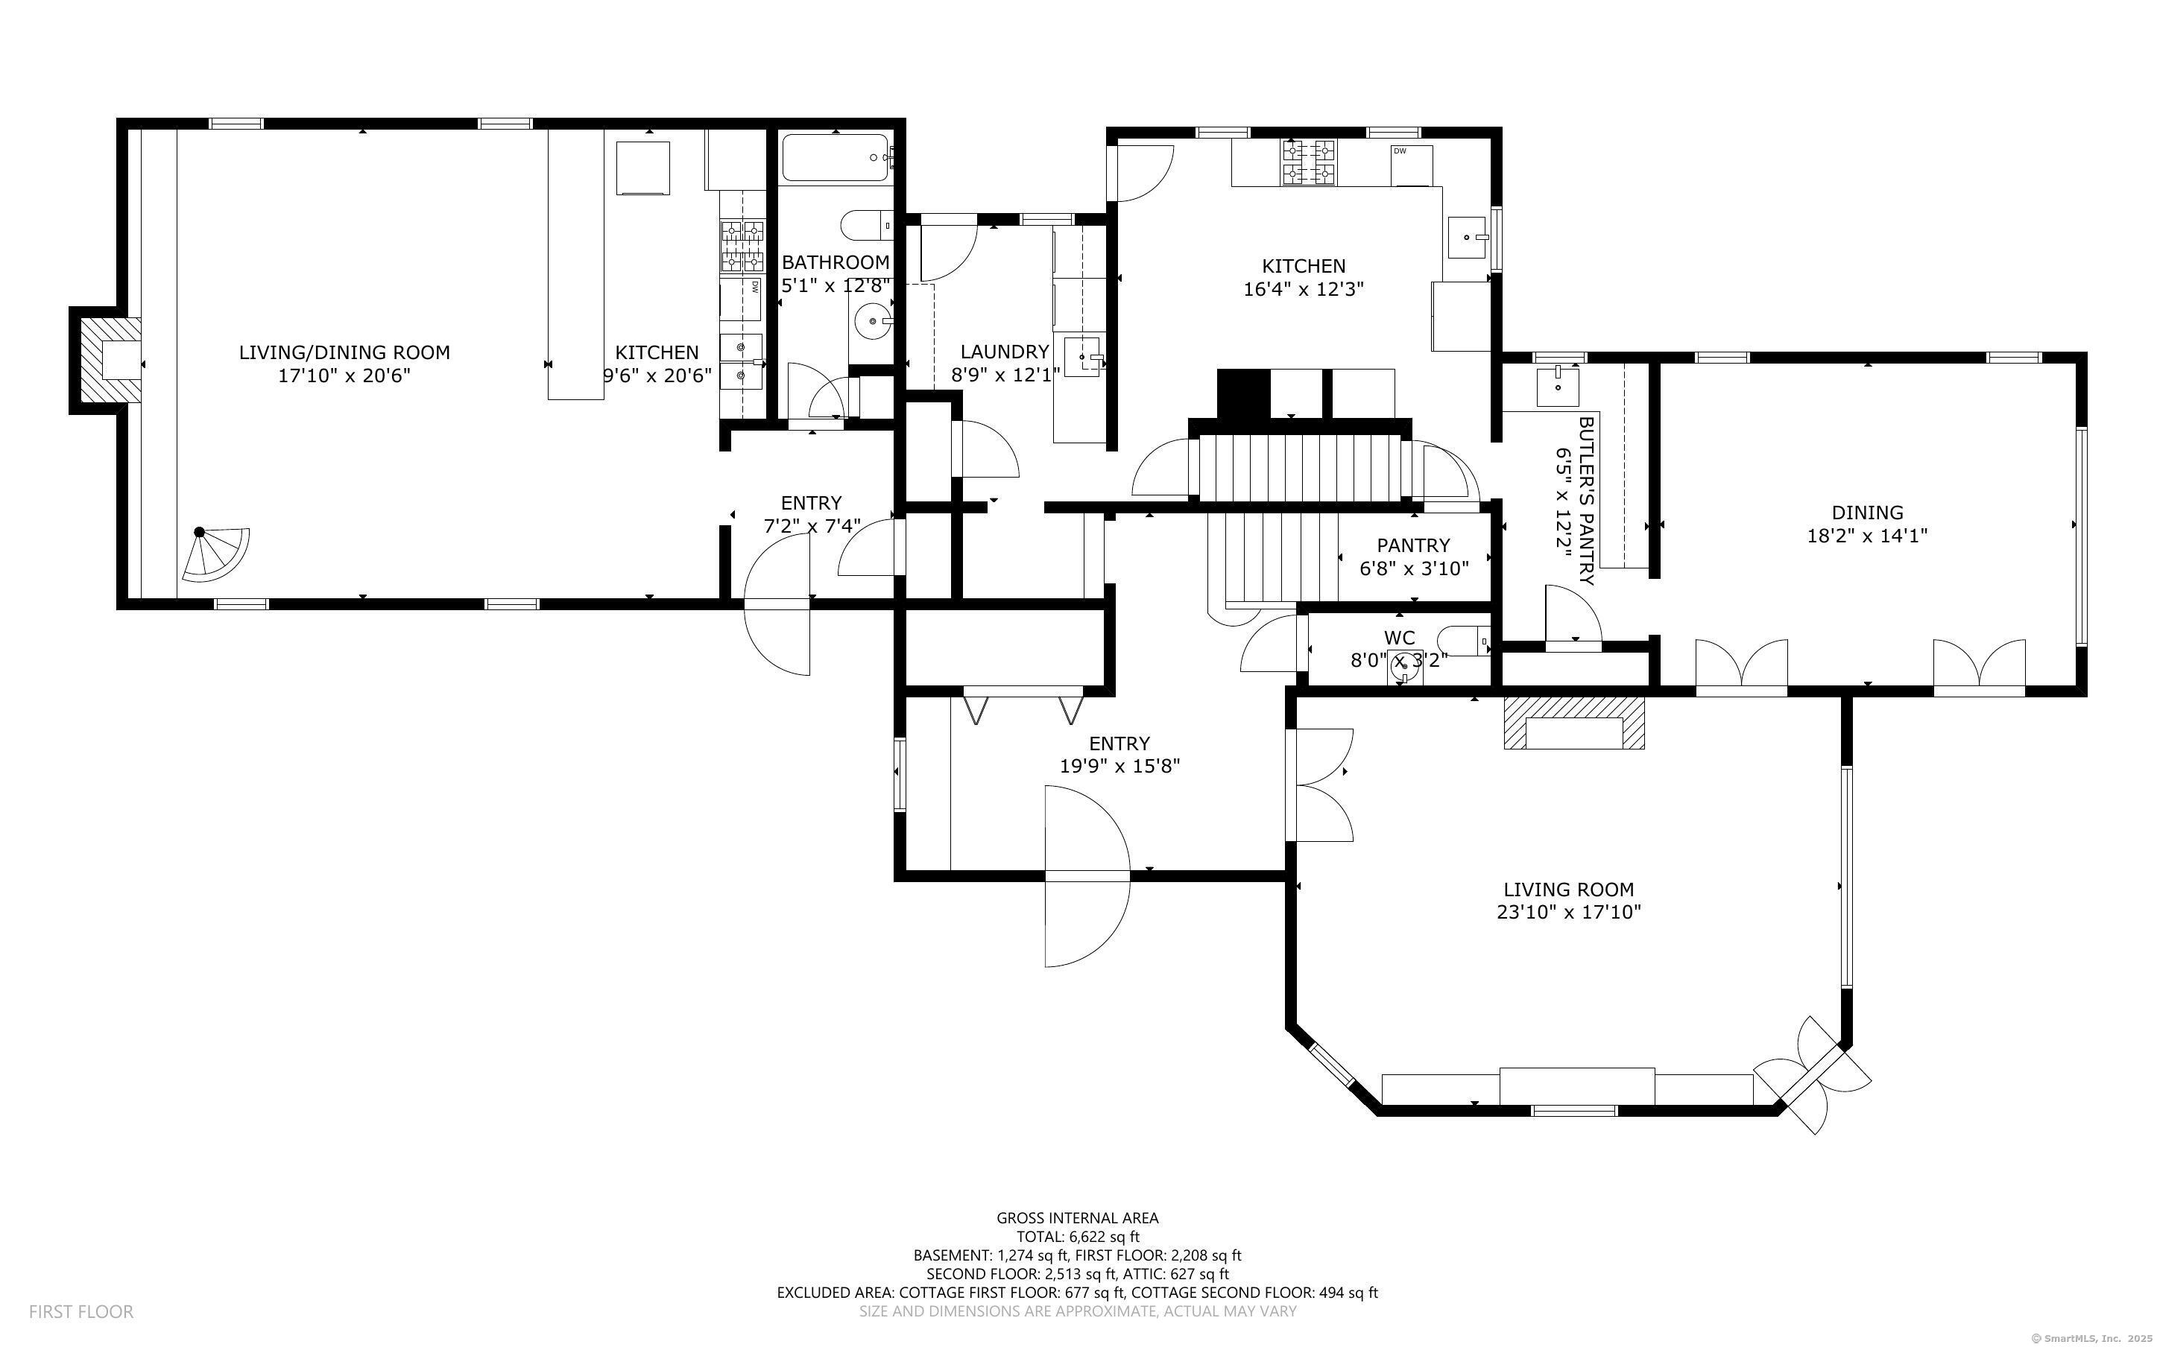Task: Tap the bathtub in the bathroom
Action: click(835, 158)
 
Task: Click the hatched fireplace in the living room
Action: click(1573, 722)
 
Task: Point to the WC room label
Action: click(1399, 638)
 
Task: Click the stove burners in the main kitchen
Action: click(1309, 163)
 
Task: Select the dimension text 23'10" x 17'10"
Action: click(1568, 912)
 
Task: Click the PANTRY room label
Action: click(1413, 545)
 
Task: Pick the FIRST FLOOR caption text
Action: click(81, 1311)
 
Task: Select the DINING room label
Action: click(1866, 513)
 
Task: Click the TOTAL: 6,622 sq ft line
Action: click(1078, 1237)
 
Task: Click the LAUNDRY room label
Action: click(1004, 352)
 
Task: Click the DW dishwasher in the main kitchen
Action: click(1411, 165)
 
